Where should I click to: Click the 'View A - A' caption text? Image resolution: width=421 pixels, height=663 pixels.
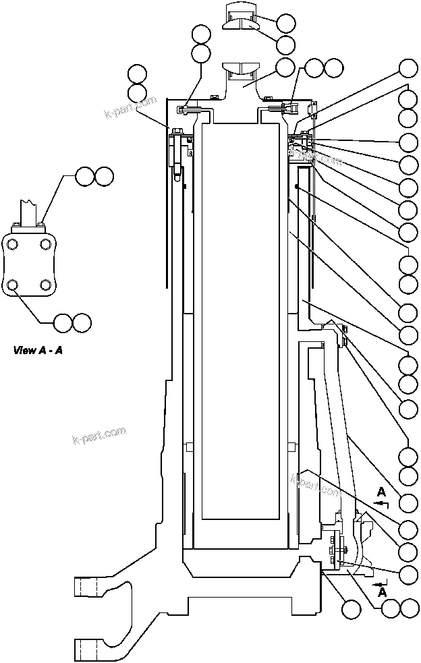pyautogui.click(x=38, y=350)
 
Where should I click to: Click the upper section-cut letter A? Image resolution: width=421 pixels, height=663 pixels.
pyautogui.click(x=381, y=490)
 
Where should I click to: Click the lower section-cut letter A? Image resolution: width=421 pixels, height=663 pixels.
pyautogui.click(x=383, y=592)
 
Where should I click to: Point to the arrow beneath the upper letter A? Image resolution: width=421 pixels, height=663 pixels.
pyautogui.click(x=381, y=503)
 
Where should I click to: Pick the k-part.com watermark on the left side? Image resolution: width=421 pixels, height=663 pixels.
pyautogui.click(x=99, y=437)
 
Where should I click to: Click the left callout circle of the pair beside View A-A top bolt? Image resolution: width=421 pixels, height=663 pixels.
pyautogui.click(x=85, y=177)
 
